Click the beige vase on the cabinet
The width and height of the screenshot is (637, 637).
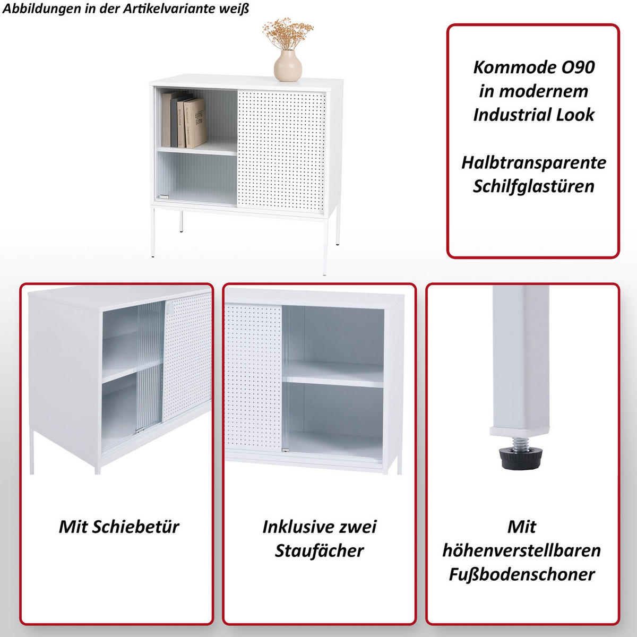288,66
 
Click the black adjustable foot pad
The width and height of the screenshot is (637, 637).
521,458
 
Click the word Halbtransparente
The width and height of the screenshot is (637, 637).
533,162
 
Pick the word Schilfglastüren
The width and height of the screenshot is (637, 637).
533,186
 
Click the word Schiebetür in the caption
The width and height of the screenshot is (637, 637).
135,527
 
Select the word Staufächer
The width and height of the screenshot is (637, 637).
319,550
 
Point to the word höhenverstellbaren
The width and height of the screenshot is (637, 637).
522,550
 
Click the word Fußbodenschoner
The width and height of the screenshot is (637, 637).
522,574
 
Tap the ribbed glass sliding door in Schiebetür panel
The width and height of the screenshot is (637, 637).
150,366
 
